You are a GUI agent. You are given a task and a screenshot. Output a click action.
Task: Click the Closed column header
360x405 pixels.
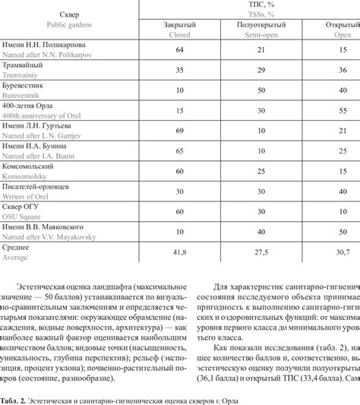pyautogui.click(x=180, y=33)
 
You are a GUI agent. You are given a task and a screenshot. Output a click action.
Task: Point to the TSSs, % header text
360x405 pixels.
pyautogui.click(x=262, y=14)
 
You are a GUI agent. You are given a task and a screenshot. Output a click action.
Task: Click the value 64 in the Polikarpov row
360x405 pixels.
pyautogui.click(x=180, y=49)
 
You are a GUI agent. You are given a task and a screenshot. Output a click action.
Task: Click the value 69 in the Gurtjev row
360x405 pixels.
pyautogui.click(x=180, y=131)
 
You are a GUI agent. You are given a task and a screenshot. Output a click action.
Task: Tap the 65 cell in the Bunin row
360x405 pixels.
pyautogui.click(x=180, y=151)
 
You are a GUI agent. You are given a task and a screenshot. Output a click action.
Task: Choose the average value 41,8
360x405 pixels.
pyautogui.click(x=180, y=252)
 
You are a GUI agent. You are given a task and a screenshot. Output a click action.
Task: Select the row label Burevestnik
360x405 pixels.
pyautogui.click(x=22, y=97)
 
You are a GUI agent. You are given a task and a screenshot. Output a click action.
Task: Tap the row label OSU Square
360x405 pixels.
pyautogui.click(x=22, y=217)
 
